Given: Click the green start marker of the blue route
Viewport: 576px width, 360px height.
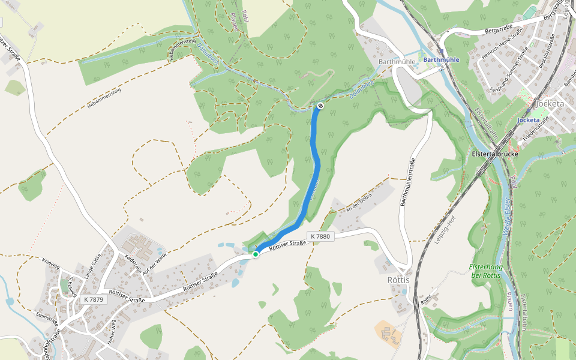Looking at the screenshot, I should click(x=256, y=254).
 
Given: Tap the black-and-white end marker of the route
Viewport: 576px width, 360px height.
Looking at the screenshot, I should click(x=320, y=106).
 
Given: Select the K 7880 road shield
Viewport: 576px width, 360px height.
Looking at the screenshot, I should click(x=320, y=236).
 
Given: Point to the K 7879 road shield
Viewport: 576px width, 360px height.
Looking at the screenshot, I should click(x=94, y=299).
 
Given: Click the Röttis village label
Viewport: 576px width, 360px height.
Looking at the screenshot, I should click(x=398, y=280).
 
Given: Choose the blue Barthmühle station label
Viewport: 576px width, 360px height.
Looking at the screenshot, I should click(x=441, y=60).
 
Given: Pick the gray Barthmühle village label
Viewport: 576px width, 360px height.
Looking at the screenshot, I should click(x=397, y=62).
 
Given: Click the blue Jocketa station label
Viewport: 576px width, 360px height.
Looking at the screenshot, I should click(x=529, y=120).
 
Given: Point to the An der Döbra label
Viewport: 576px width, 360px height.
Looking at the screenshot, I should click(x=359, y=202).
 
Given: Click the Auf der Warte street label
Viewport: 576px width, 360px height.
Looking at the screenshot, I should click(x=154, y=262).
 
